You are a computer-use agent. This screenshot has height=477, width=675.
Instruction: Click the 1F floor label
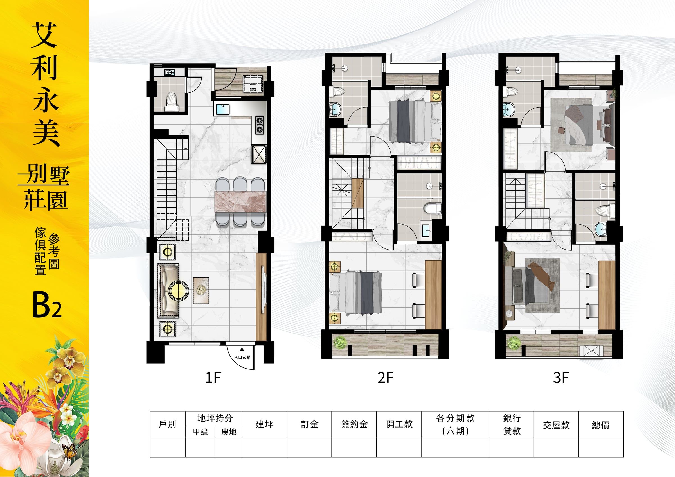coord(213,378)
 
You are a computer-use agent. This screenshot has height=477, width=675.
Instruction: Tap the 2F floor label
coord(385,378)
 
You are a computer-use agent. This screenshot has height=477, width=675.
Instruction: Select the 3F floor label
coord(561,378)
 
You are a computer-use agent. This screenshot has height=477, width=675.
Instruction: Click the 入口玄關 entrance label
coord(242,358)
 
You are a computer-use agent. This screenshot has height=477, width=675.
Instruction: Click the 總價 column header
coord(601,425)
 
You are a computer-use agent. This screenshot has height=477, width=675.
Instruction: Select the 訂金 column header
coord(309,424)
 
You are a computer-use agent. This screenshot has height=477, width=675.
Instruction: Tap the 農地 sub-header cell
coord(229,432)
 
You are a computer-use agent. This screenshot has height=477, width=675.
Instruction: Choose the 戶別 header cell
coord(167,424)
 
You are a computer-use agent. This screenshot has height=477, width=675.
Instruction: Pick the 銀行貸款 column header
coord(512,424)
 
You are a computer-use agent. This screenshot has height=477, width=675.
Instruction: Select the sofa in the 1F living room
coord(168,291)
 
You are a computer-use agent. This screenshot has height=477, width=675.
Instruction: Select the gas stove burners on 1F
coord(260,125)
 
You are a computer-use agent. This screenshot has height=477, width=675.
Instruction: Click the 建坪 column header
coord(265,424)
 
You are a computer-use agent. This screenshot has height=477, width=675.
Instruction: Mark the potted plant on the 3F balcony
coord(514,343)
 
